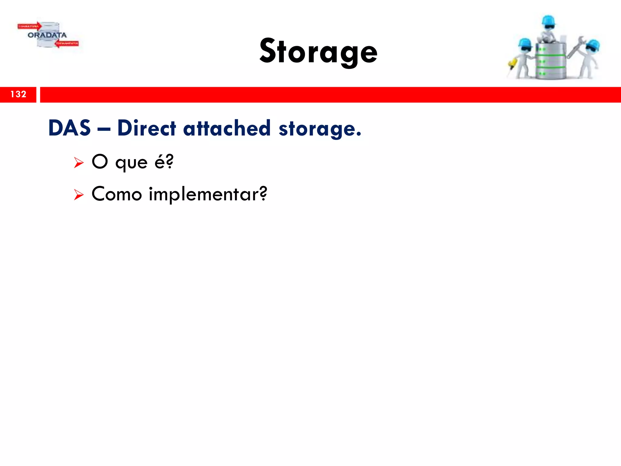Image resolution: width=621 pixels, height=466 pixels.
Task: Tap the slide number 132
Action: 18,94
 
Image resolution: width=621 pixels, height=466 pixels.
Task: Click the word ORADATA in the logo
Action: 47,35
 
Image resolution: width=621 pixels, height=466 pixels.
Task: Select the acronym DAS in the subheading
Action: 69,128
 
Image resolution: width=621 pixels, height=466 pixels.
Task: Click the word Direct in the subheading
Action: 146,128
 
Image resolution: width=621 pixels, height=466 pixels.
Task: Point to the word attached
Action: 227,128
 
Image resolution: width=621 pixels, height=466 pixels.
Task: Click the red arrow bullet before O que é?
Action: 79,163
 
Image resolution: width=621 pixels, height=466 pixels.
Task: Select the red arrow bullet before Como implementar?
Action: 79,194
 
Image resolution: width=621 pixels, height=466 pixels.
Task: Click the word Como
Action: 117,194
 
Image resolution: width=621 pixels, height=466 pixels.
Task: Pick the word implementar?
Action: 208,194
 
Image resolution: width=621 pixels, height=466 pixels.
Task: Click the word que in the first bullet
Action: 131,163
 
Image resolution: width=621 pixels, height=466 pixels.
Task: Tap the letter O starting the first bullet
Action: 100,161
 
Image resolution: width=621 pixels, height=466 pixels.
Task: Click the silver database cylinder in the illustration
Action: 550,62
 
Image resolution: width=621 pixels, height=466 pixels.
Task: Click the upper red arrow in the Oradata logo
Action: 29,26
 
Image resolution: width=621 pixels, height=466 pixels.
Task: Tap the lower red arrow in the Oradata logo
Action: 67,44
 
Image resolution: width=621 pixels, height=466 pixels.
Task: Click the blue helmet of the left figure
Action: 525,43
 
